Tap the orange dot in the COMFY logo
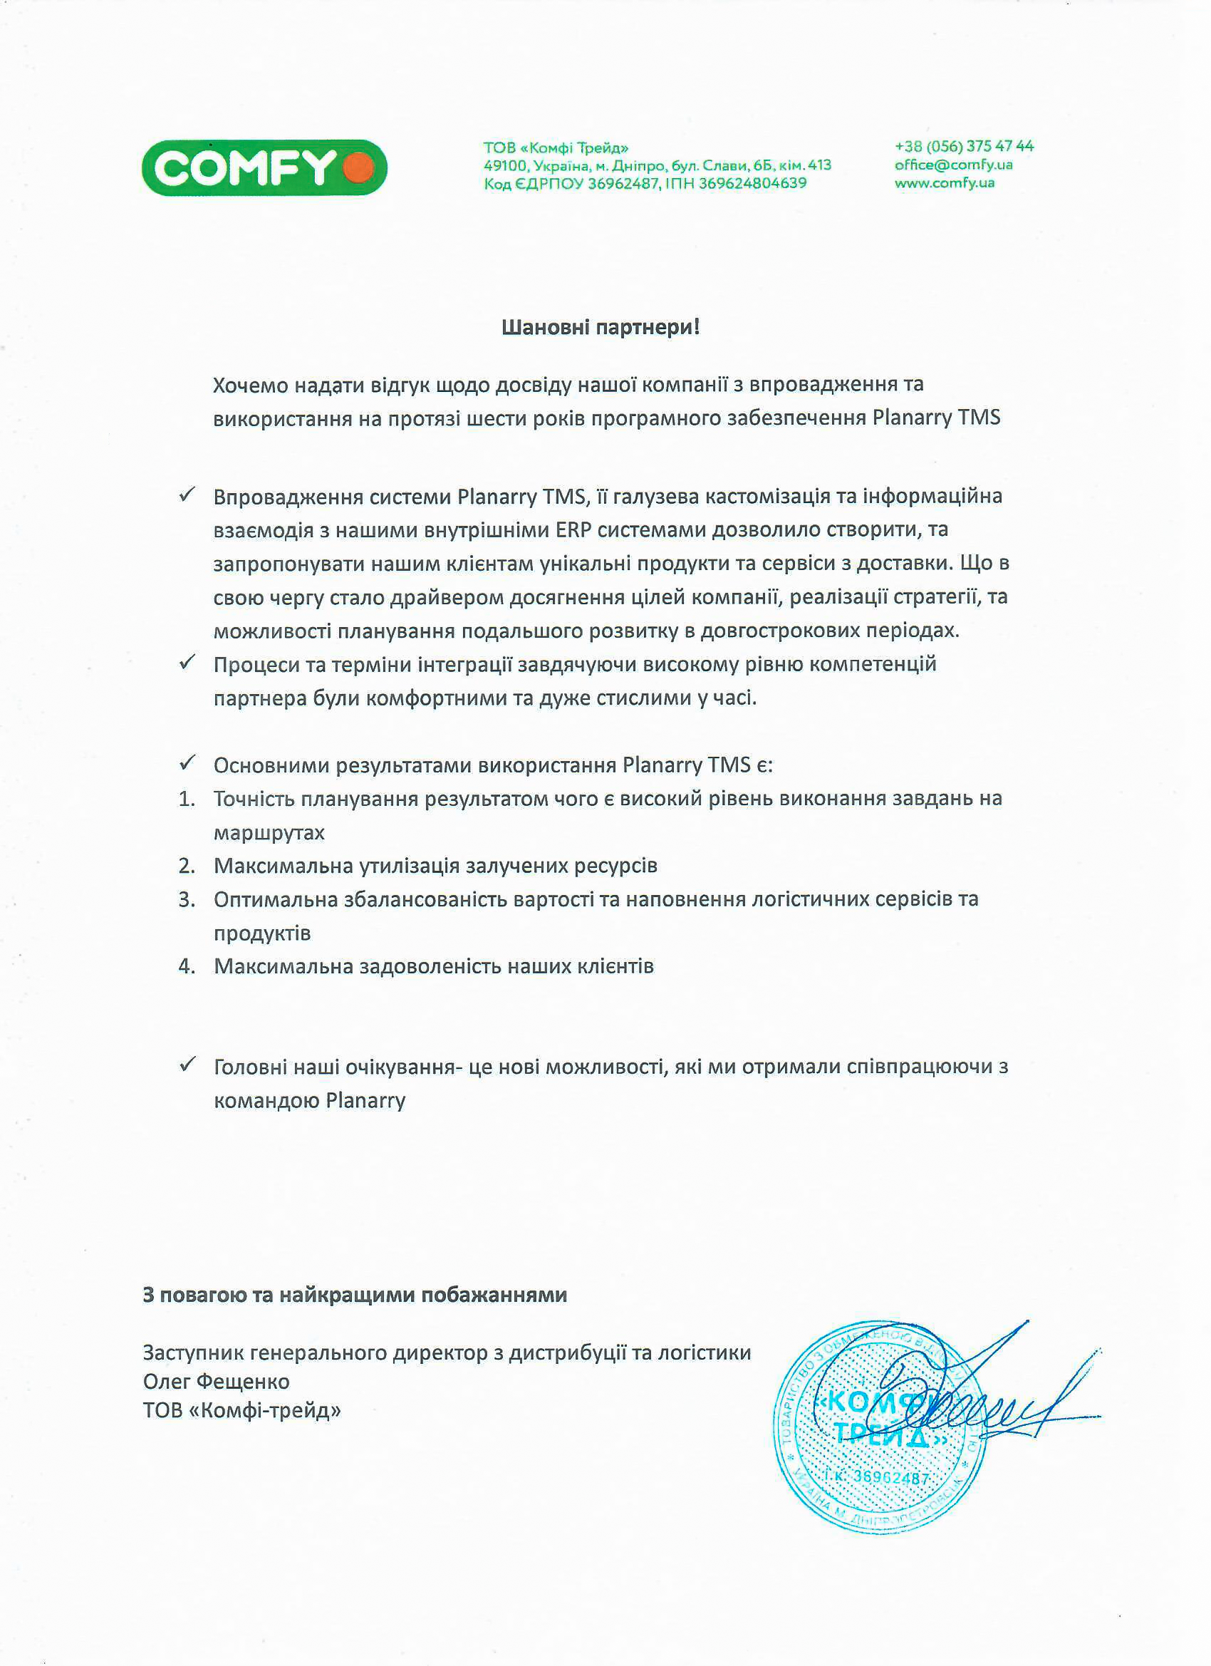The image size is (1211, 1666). (x=358, y=167)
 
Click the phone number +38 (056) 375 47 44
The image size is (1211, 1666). (x=964, y=146)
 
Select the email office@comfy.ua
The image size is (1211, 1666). (x=953, y=165)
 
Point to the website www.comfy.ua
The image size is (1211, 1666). (x=945, y=183)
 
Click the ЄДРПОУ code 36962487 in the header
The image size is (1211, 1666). (x=623, y=184)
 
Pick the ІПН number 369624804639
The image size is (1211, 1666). (x=752, y=184)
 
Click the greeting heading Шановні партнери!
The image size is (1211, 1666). (x=600, y=327)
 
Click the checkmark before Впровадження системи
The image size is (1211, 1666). (x=187, y=495)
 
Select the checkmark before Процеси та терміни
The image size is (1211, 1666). (x=187, y=662)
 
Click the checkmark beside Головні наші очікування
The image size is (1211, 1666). (x=187, y=1064)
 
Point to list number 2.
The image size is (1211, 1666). (x=187, y=866)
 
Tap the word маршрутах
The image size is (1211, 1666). (x=269, y=833)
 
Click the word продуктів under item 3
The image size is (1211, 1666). (x=262, y=933)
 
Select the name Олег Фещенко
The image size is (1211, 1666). (x=216, y=1382)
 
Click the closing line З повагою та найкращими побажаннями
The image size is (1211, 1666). (x=355, y=1295)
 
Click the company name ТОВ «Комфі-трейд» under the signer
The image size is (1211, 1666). (x=241, y=1410)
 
